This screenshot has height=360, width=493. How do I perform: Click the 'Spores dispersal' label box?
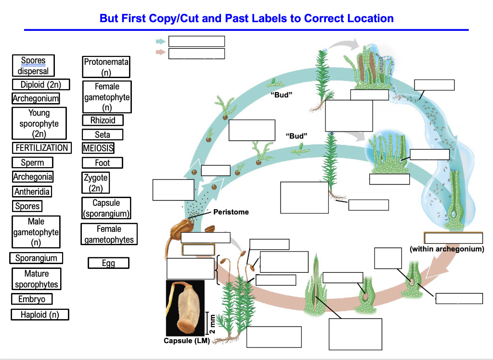pos(33,66)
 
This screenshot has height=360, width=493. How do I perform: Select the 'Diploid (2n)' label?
pos(41,85)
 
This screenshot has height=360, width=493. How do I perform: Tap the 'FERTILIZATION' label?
pos(41,148)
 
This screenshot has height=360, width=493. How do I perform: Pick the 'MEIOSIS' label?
pos(98,148)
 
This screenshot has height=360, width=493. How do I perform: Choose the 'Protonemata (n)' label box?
pos(106,67)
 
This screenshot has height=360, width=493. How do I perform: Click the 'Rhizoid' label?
pos(103,120)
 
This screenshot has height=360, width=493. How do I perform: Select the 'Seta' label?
pos(103,135)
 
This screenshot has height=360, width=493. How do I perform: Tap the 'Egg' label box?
pos(108,263)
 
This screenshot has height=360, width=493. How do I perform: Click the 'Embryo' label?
pos(32,299)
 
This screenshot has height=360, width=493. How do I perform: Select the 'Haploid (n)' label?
pos(40,315)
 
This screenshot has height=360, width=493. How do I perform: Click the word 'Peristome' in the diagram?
pos(231,212)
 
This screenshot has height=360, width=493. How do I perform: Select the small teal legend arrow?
pos(160,41)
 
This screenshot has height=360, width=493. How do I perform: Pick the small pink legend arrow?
pos(160,52)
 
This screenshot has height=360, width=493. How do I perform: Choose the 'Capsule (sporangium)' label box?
pos(106,208)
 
